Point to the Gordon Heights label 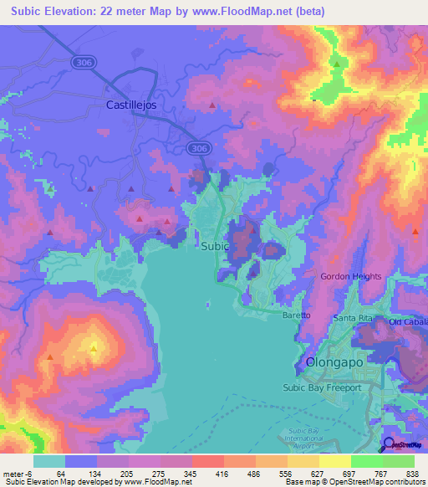tap(351, 276)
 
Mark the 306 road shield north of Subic tap(197, 148)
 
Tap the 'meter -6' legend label tap(16, 473)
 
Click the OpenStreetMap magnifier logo tap(389, 443)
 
